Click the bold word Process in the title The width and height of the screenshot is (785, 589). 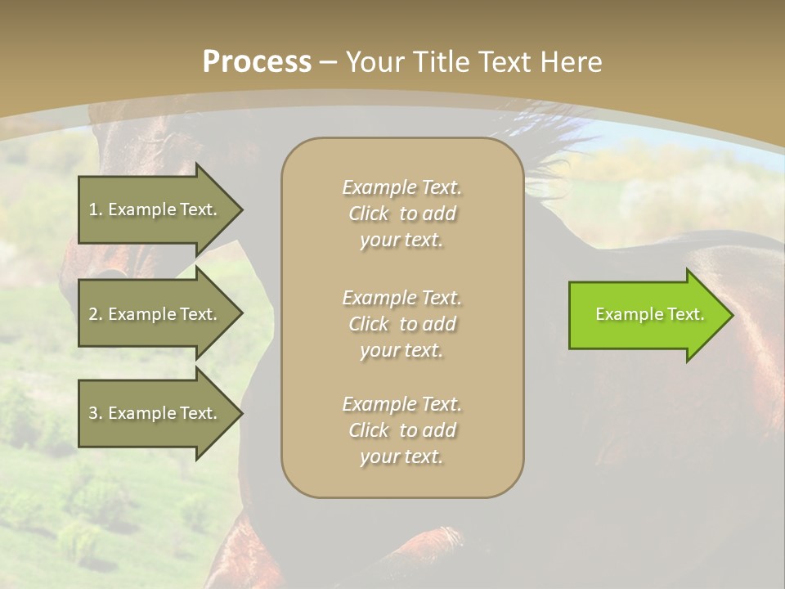click(x=257, y=62)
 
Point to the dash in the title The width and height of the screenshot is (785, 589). click(x=328, y=63)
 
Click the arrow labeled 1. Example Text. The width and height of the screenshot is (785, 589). click(x=155, y=209)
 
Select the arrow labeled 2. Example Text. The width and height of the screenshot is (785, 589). click(x=155, y=314)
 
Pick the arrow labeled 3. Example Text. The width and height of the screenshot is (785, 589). click(x=155, y=413)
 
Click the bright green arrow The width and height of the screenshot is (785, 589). click(x=646, y=315)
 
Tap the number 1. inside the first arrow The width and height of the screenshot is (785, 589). click(x=96, y=209)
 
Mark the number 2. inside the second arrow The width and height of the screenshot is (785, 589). click(x=96, y=314)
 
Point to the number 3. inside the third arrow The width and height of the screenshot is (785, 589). click(x=96, y=413)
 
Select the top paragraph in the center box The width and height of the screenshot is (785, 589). click(x=401, y=214)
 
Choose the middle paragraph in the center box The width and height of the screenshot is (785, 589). click(x=401, y=323)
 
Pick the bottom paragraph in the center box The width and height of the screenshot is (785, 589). click(x=401, y=430)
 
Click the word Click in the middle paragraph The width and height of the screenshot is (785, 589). click(x=369, y=324)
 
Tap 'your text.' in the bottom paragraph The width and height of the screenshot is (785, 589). click(x=401, y=457)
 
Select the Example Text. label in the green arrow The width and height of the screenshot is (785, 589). click(x=649, y=314)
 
